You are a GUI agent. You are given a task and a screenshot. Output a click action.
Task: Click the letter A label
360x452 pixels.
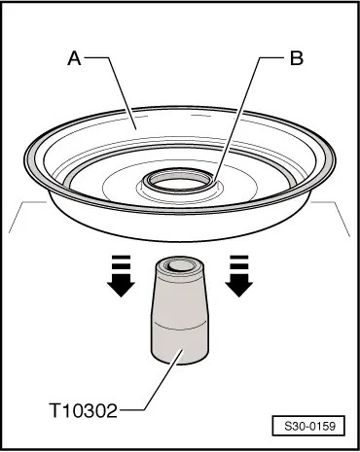pos(74,58)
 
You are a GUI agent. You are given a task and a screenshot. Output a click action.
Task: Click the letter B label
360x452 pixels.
pos(297,58)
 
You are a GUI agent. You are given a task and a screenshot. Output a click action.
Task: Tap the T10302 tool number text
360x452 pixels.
pos(84,410)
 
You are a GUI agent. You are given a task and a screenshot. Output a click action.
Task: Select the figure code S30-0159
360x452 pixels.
pos(309,426)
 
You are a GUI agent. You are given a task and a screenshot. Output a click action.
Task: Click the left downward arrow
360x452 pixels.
pos(121,276)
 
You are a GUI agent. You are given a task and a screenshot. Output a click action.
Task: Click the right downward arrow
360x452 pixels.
pos(239,276)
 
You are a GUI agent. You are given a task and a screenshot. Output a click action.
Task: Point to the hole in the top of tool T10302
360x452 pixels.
pos(181,266)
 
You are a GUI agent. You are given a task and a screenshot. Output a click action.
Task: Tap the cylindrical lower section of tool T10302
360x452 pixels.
pos(180,343)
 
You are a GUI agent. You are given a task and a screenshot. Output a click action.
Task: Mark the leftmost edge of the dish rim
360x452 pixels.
pos(24,159)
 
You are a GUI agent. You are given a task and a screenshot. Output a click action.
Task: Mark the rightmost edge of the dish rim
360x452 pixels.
pos(335,160)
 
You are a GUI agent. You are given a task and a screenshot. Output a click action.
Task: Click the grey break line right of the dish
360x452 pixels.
pos(332,216)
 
